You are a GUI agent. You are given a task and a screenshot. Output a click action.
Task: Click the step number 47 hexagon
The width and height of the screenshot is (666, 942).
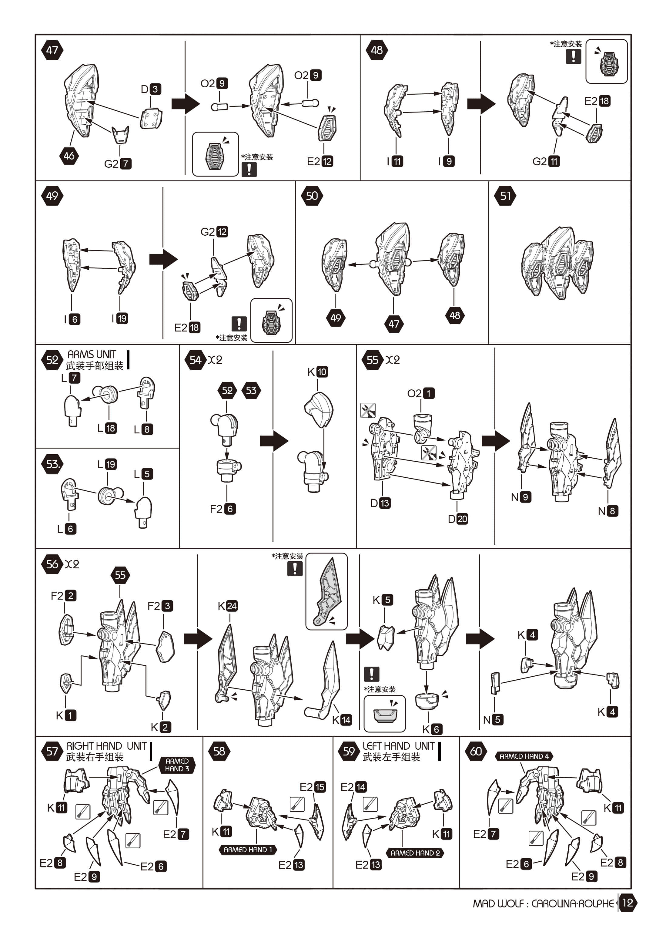pos(52,50)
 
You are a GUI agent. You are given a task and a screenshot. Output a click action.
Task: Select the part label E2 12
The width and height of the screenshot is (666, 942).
pos(320,161)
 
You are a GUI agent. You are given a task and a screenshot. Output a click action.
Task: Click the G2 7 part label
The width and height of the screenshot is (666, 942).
pos(118,164)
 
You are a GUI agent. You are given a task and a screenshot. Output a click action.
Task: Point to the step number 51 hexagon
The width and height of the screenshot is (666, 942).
pos(505,196)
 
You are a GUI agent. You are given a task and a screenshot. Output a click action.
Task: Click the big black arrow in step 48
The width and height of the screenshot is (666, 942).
pos(481,104)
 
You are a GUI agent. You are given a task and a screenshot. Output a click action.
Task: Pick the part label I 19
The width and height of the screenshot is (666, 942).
pos(120,318)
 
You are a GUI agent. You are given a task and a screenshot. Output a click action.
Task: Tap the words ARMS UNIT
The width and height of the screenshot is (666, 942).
pos(92,354)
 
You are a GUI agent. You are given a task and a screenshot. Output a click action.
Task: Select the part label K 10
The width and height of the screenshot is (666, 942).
pos(317,372)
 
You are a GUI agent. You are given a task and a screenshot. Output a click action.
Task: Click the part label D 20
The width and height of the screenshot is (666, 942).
pos(458,519)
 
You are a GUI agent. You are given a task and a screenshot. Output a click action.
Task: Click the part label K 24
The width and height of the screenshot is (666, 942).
pos(228,606)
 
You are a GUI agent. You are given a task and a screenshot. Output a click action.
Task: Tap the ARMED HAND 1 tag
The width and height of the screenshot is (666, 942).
pos(248,850)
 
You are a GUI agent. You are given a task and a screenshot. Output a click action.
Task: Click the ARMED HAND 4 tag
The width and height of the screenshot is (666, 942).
pos(524,756)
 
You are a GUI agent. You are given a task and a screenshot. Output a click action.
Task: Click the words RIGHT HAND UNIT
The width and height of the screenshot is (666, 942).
pos(106,746)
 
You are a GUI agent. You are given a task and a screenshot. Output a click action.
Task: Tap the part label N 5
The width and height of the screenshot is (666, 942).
pos(493,719)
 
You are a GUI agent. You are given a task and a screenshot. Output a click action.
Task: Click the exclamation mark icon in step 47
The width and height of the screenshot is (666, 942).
pos(249,169)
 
